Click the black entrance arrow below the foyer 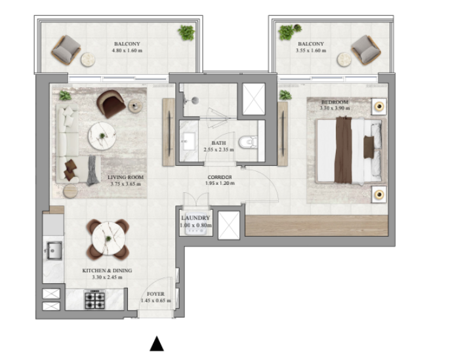tap(157, 344)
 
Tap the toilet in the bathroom tap(248, 142)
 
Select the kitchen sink tap(53, 250)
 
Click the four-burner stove tap(94, 300)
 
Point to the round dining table tap(108, 239)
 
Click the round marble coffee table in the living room tap(102, 136)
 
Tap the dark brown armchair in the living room tap(110, 103)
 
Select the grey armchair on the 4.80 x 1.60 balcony tap(66, 50)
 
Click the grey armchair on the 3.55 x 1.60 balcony tap(366, 50)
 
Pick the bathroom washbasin tap(188, 141)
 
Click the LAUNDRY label tap(195, 218)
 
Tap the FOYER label tap(155, 294)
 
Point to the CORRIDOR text tap(220, 177)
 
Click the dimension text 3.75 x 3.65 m tap(126, 184)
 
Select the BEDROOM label tap(335, 102)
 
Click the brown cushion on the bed tap(369, 147)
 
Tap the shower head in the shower tap(195, 100)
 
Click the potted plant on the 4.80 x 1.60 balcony tap(186, 32)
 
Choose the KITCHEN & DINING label tap(107, 271)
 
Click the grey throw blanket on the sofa tap(92, 170)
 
